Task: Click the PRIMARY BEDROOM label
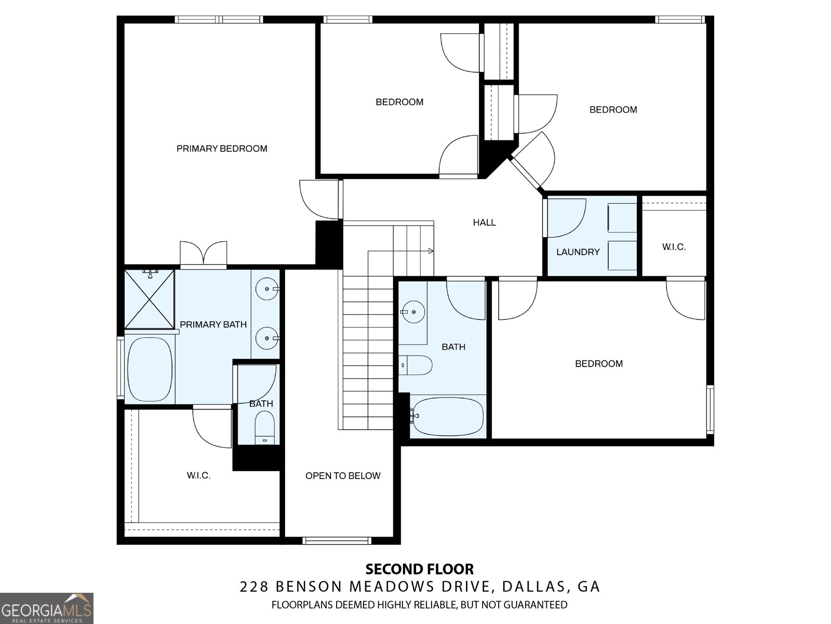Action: [x=222, y=149]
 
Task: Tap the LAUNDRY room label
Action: [x=578, y=252]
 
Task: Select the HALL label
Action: [x=484, y=223]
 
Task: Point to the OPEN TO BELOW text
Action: [x=343, y=475]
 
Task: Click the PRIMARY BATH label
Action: [x=213, y=324]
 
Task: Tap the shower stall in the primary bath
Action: [x=149, y=300]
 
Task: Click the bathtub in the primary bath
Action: [x=150, y=369]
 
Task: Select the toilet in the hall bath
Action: [x=415, y=365]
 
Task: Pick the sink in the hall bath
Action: [x=413, y=312]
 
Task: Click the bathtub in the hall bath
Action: [x=447, y=417]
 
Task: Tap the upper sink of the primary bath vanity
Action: [x=267, y=289]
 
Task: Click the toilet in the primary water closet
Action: [x=265, y=427]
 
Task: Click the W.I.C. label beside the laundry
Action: [x=674, y=247]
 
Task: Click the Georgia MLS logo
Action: [x=47, y=608]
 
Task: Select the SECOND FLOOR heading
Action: [x=420, y=569]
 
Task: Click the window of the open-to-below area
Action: [x=337, y=541]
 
